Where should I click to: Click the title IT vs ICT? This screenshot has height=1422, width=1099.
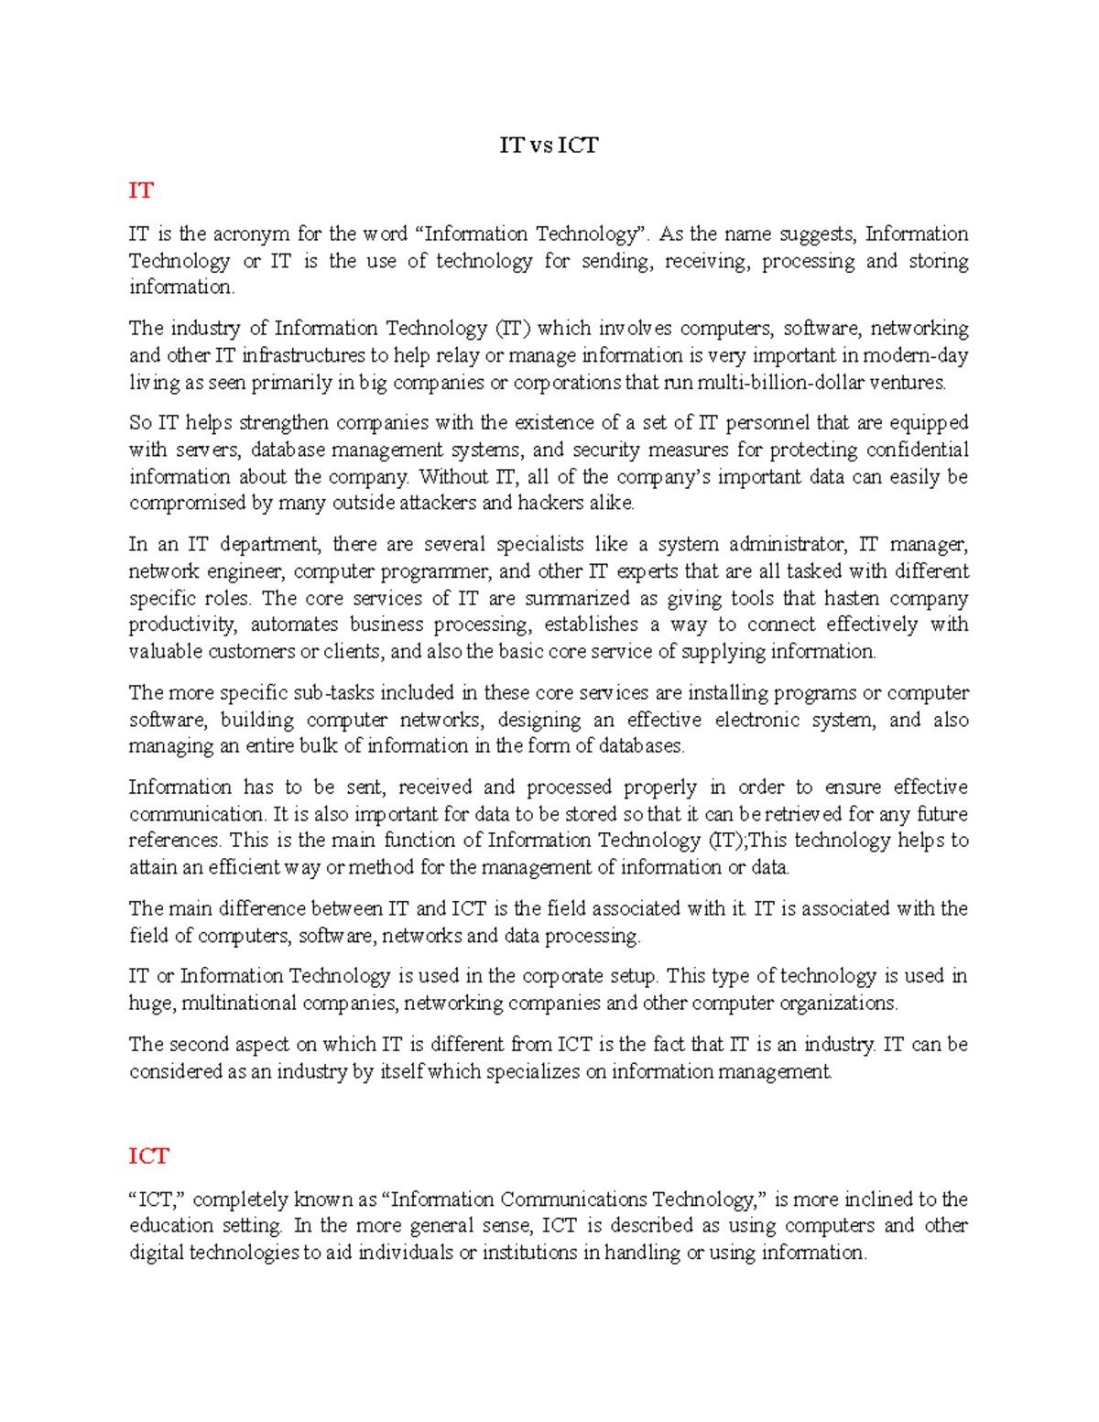(x=549, y=146)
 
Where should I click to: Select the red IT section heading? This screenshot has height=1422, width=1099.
(x=141, y=190)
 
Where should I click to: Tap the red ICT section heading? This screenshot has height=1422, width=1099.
(x=148, y=1156)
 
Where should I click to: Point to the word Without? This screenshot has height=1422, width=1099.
(x=453, y=477)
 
